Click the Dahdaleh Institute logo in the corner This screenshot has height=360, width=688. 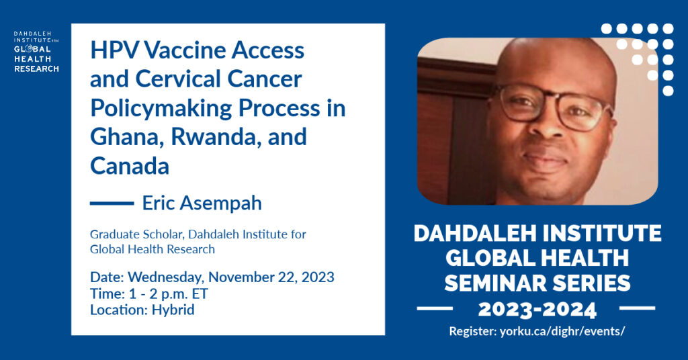[36, 52]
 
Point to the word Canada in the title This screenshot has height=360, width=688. [130, 166]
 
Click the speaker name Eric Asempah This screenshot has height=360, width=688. [202, 203]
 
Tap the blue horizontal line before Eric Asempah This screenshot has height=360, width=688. [112, 204]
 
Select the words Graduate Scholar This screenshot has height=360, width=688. [136, 234]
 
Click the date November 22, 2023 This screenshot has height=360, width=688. [271, 277]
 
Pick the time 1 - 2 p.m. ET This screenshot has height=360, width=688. [169, 294]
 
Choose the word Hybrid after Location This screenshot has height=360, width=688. [173, 310]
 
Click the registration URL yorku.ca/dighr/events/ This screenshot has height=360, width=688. [562, 332]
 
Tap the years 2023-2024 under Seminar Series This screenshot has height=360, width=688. [537, 310]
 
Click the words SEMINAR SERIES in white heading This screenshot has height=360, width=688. [537, 283]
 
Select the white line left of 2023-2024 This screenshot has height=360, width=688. [435, 309]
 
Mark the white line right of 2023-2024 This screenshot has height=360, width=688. [637, 309]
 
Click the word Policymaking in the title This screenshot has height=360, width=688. [161, 108]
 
